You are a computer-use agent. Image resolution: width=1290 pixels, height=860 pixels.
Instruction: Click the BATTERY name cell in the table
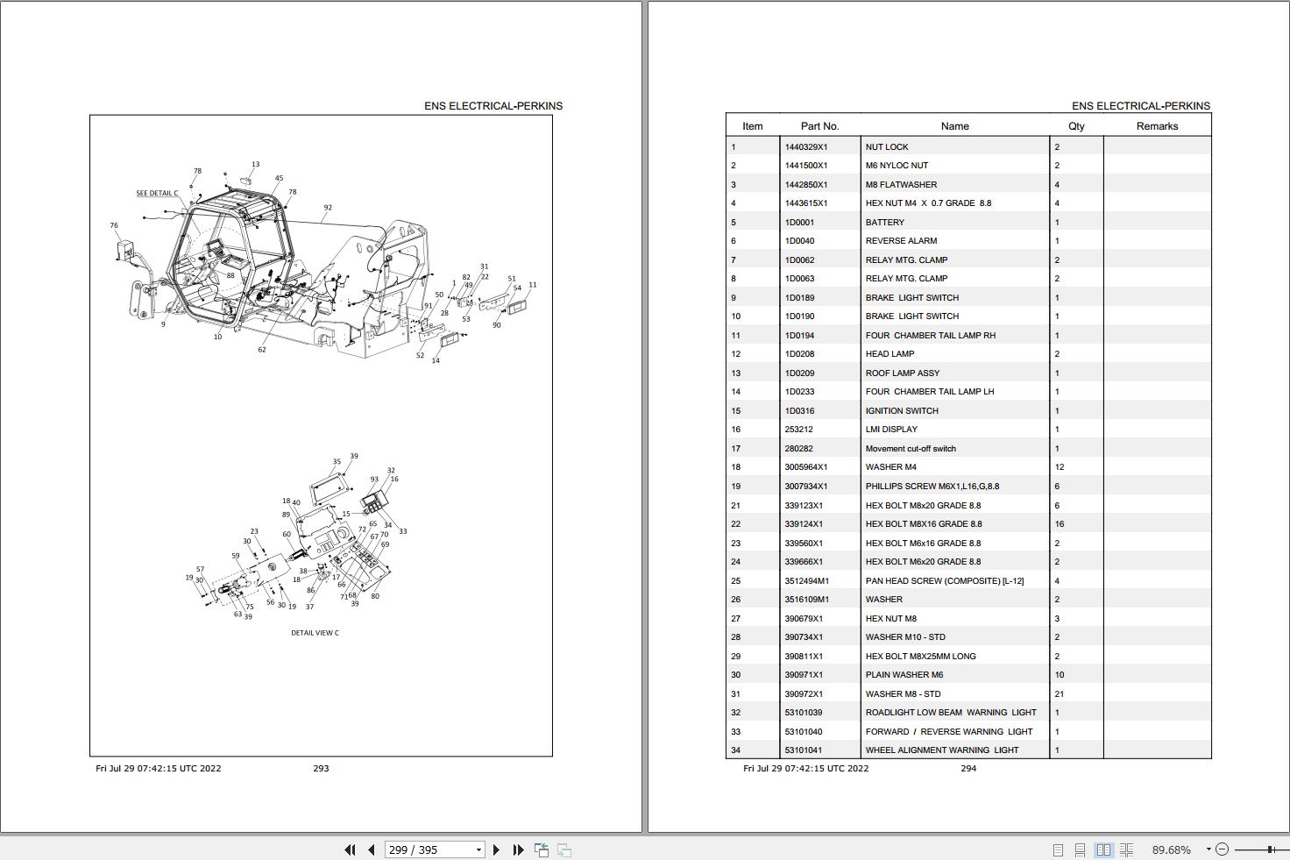point(884,223)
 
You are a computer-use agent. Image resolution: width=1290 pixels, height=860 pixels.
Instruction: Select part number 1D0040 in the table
point(799,241)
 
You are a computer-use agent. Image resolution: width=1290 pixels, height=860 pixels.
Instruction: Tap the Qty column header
point(1076,126)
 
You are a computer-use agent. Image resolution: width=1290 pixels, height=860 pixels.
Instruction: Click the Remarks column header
point(1157,126)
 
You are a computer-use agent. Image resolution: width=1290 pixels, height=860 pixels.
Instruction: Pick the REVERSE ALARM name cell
point(901,241)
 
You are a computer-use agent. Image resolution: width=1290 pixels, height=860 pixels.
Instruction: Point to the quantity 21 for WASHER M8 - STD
point(1060,694)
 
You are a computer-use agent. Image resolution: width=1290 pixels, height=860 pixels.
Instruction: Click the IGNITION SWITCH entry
point(902,411)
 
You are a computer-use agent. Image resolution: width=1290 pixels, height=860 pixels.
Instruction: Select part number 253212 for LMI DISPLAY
point(799,430)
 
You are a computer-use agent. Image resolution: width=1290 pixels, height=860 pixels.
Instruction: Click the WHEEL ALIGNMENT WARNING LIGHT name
point(942,750)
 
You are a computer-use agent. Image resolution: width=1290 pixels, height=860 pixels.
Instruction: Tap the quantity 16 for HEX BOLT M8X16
point(1060,524)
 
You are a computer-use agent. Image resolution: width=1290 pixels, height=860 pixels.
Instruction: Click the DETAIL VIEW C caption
point(315,633)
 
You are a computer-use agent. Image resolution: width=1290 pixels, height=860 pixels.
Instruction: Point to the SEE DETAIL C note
point(157,193)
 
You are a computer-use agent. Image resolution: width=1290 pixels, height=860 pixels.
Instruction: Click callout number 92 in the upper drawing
point(328,209)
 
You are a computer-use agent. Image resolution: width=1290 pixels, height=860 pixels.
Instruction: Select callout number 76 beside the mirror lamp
point(114,225)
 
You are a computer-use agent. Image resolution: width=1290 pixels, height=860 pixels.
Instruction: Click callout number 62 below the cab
point(261,350)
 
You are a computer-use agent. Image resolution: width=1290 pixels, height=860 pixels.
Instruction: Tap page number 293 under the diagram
point(321,769)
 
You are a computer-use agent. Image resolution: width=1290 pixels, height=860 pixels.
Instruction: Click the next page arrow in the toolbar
point(496,849)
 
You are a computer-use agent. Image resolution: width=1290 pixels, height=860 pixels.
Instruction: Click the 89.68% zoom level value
point(1171,849)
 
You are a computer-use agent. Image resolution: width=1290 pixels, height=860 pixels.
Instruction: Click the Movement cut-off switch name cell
point(911,449)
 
